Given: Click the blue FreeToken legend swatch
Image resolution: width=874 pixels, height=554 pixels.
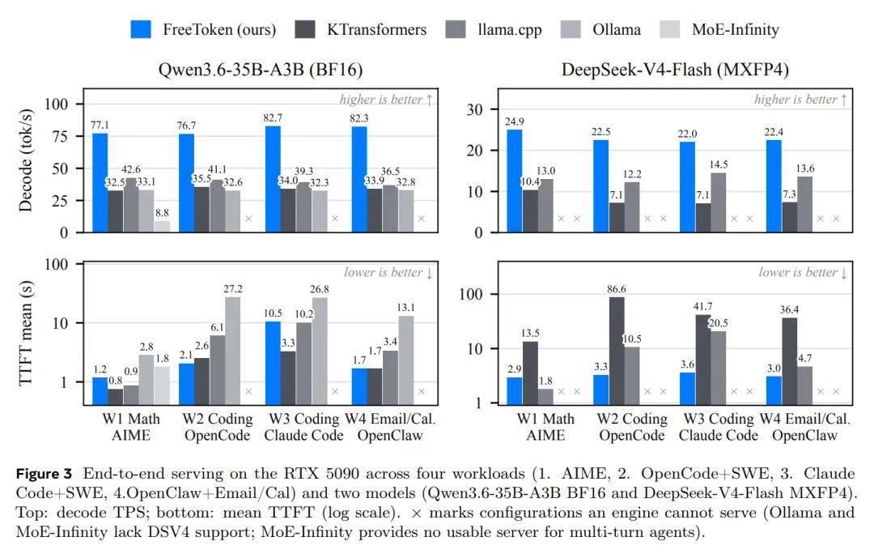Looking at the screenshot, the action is pos(141,30).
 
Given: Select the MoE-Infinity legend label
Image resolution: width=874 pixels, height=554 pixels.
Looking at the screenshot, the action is pos(735,30).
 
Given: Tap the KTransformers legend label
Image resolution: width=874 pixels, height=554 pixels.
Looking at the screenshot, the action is pos(376,30).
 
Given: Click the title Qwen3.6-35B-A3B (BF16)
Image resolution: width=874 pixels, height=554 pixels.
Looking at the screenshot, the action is pos(261,70).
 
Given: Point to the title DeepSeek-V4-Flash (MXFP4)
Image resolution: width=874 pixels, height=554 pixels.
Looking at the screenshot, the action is pos(675,70).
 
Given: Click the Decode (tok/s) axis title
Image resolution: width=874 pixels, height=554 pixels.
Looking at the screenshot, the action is pos(25,160).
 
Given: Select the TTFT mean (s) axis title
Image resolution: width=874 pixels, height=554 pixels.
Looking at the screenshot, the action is pos(25,333).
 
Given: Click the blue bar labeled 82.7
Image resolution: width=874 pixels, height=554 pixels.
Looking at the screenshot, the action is pos(274,179).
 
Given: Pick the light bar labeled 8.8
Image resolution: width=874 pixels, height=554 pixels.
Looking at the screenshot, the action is pos(162,227).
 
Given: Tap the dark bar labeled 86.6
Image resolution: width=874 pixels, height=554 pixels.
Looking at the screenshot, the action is pos(617,351).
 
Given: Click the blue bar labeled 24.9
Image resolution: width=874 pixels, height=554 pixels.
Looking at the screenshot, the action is pos(515,181).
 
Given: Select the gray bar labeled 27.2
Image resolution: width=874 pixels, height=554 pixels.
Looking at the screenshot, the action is pos(233,351).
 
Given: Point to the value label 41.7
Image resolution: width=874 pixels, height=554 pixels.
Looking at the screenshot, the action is pos(702,306).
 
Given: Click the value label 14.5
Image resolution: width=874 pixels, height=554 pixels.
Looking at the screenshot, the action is pos(719,164).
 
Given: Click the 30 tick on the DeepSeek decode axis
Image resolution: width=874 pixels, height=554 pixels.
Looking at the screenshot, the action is pos(475,109).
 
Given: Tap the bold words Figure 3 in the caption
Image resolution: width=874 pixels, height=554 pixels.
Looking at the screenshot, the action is pos(44,474).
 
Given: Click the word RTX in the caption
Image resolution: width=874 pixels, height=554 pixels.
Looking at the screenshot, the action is pos(301,474).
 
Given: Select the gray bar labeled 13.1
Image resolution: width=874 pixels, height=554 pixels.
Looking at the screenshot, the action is pos(405,360).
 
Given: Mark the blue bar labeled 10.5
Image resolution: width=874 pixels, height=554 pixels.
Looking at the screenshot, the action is pos(274,363).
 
